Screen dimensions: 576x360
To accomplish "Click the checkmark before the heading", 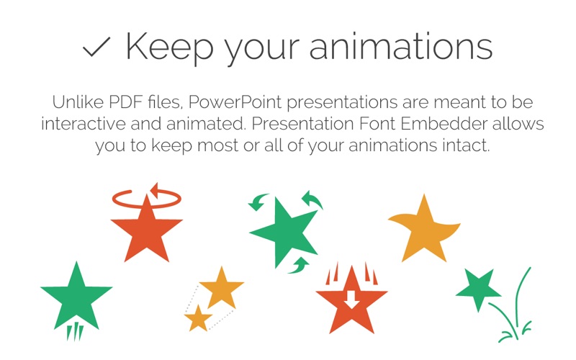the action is coord(96,47).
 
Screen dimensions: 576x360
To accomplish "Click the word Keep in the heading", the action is coord(170,47).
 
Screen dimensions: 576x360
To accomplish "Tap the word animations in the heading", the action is coord(401,46).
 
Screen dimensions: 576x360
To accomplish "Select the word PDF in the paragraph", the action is coord(125,102).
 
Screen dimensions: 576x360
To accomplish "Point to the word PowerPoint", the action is coord(235,102).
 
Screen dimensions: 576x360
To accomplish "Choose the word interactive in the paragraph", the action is coord(84,123).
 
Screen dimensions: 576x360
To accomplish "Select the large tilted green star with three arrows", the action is coord(284,231).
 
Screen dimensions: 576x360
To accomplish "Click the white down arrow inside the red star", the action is coord(351,299).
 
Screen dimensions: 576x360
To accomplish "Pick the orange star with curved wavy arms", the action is coord(424,230).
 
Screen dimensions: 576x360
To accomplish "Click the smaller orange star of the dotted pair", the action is coord(199,318).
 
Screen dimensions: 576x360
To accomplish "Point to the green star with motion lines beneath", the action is coord(76,297).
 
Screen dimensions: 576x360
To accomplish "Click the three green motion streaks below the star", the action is coord(75,331).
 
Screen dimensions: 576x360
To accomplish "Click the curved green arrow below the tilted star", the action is coord(299,266).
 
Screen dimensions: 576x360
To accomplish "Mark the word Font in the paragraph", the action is coord(377,123).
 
